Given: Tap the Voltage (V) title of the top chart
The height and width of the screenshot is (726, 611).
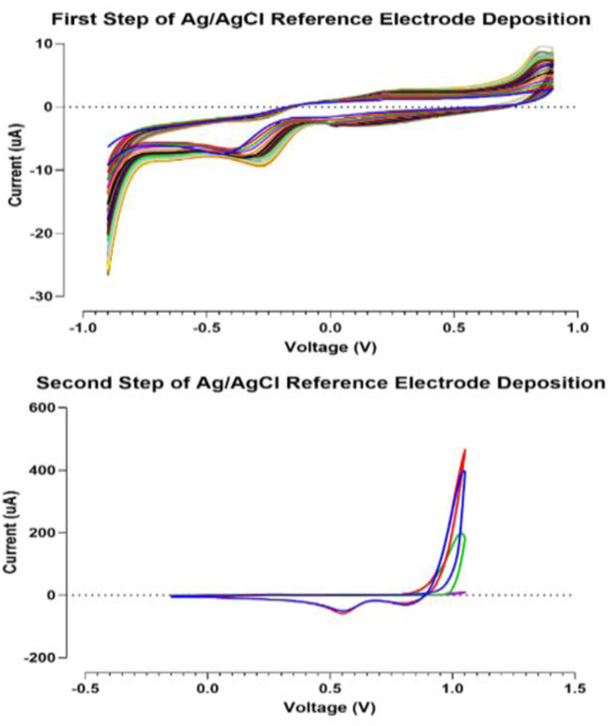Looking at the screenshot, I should pyautogui.click(x=330, y=346).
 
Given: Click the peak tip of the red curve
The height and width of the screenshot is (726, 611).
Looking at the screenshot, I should pyautogui.click(x=465, y=450).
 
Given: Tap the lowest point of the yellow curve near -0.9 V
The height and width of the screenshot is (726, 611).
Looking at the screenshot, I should pyautogui.click(x=108, y=275).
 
